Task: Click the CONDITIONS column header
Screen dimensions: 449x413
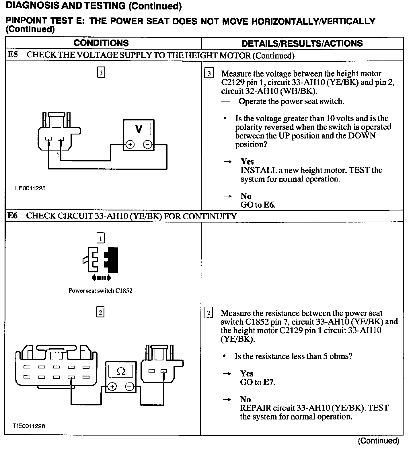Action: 101,43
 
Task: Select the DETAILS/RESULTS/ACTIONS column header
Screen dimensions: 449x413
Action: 302,43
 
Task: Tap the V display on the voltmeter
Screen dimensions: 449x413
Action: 139,129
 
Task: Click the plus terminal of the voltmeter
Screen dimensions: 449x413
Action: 130,145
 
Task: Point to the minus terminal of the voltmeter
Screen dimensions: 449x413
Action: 147,145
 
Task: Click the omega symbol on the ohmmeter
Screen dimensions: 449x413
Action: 121,372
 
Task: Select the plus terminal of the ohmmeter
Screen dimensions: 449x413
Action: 112,387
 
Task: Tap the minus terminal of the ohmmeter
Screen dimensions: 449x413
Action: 129,387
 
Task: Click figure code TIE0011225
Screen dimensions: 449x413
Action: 29,188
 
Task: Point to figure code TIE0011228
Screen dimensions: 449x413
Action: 29,426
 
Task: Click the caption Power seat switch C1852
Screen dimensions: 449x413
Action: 100,290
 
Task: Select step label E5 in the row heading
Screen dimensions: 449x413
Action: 12,55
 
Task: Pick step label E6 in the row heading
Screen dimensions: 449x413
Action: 12,216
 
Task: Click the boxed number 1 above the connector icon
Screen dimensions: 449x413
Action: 100,238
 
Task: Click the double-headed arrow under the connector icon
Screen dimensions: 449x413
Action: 101,277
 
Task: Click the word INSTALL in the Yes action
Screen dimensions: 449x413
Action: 255,170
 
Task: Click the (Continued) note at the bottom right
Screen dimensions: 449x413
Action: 378,440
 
